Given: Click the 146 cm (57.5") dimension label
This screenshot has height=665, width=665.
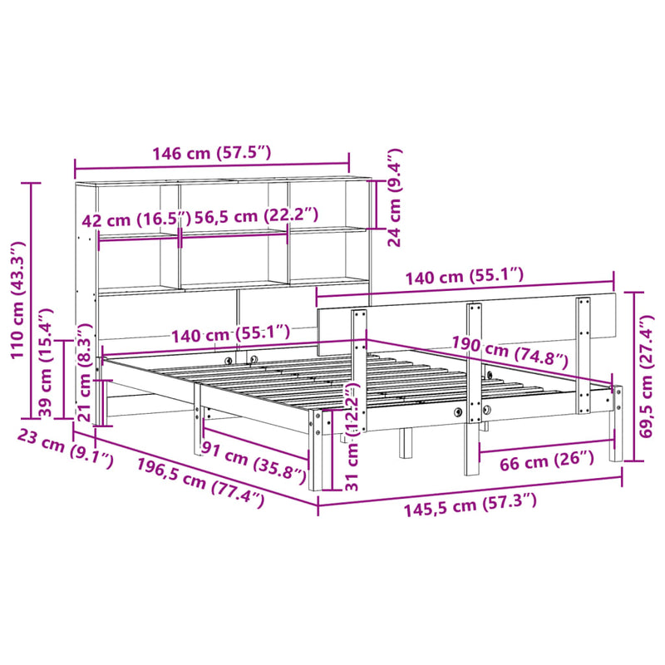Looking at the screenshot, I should [211, 153].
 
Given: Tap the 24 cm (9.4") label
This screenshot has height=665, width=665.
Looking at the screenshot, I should [395, 198].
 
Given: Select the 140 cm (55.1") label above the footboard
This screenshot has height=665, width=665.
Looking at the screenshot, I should [464, 275].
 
